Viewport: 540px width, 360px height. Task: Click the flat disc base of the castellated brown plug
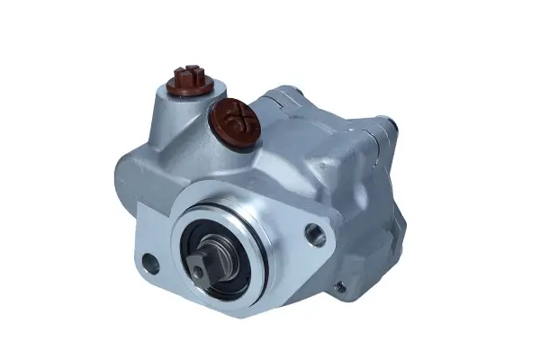pos(186,87)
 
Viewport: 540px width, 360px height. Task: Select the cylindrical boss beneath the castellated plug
pos(184,103)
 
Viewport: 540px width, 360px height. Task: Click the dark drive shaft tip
pos(214,261)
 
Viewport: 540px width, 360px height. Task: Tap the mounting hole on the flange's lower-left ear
pos(150,265)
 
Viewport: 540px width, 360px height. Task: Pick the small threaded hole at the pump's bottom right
pos(339,288)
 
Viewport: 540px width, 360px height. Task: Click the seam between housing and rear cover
pos(355,180)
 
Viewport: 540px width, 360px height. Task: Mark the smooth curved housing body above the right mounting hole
pos(306,180)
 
